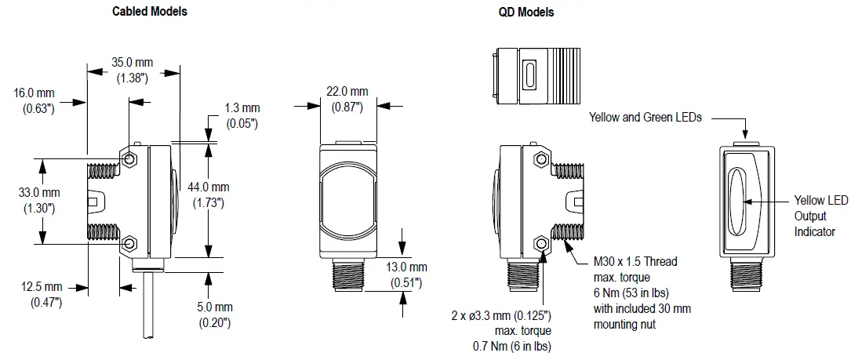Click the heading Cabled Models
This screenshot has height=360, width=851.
pos(150,12)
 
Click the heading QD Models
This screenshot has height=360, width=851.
pos(526,12)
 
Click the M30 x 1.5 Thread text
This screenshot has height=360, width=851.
pos(635,261)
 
